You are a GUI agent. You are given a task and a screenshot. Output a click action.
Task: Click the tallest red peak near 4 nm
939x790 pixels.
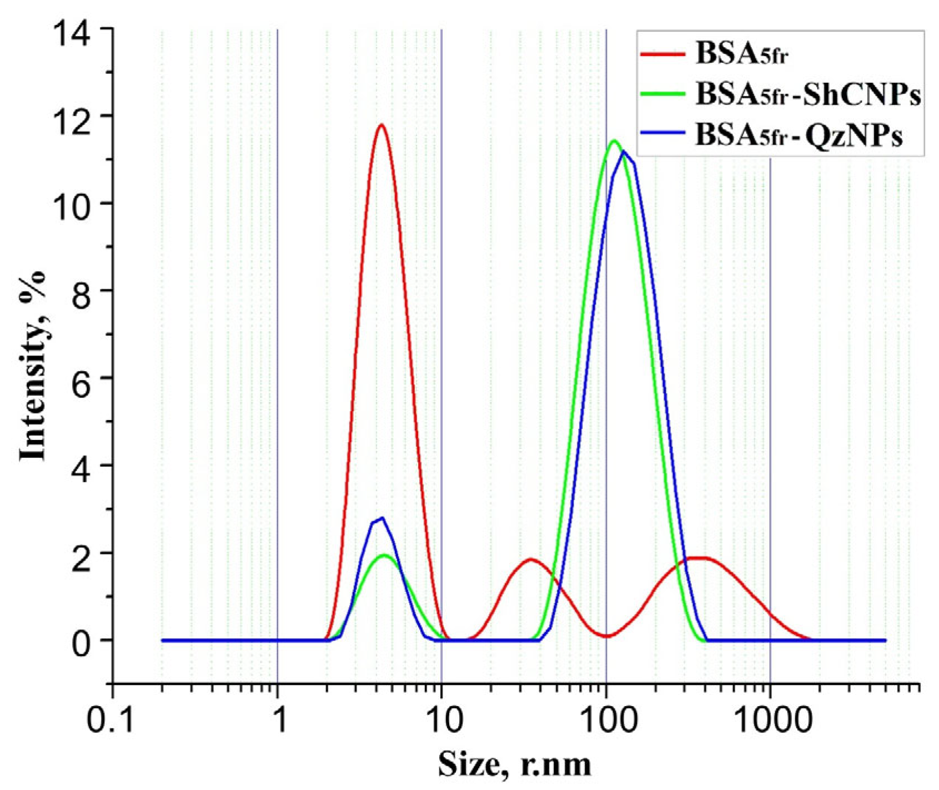381,125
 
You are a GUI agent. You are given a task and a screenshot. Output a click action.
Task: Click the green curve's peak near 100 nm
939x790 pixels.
614,141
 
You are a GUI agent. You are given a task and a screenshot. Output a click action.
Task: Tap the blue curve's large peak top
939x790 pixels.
624,152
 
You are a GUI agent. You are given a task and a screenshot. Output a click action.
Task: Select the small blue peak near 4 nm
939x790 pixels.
381,518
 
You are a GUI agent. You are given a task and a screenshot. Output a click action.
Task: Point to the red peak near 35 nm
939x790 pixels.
530,559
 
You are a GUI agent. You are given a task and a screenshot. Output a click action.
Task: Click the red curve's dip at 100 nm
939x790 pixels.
606,636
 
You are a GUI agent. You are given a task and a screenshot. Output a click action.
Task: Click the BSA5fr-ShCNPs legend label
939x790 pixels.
807,95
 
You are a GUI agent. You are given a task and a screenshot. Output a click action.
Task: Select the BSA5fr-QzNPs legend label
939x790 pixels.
799,136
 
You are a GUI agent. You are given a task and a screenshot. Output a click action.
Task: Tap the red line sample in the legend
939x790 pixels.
662,54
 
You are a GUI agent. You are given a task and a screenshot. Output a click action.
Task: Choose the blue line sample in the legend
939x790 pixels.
662,132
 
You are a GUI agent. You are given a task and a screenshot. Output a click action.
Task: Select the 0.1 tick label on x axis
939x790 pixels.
113,721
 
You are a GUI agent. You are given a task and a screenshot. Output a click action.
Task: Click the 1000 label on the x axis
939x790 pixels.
770,721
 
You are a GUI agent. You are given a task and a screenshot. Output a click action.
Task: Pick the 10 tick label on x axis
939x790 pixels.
441,721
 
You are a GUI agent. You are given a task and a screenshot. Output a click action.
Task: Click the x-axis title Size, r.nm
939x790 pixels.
514,765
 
